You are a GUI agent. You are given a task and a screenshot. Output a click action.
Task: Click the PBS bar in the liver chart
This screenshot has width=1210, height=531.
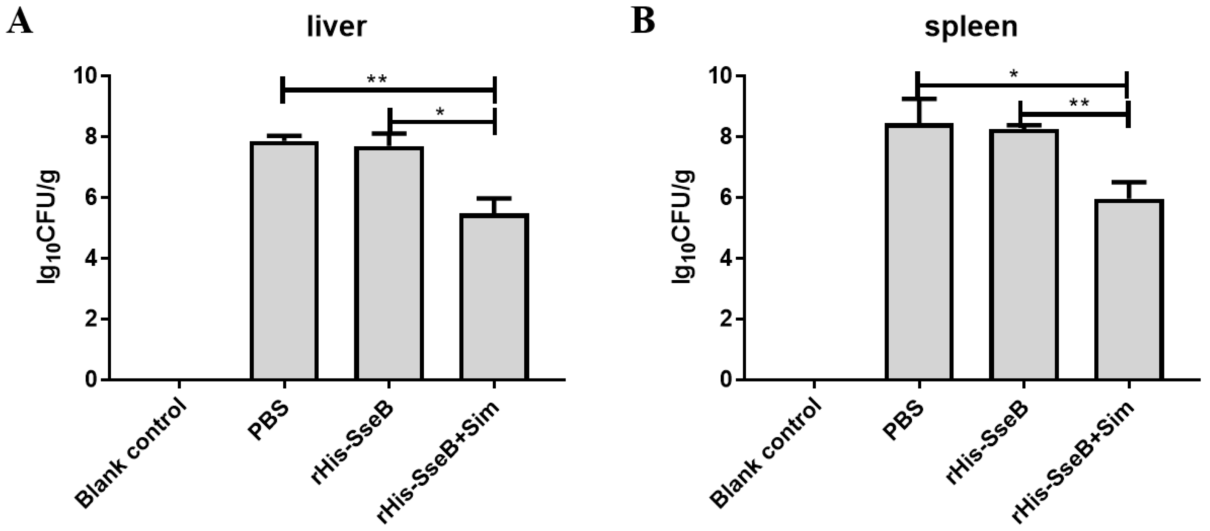(284, 261)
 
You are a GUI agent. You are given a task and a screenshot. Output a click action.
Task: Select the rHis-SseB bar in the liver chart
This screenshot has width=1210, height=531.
(389, 263)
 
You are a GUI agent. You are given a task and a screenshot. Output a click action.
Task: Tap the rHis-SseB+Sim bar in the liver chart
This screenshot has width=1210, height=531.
(494, 296)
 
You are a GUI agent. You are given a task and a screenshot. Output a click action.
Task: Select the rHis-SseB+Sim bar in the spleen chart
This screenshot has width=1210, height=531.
(1129, 289)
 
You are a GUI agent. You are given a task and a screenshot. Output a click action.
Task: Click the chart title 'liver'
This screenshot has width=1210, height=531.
(336, 27)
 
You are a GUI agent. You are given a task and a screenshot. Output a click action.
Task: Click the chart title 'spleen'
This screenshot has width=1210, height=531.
(971, 27)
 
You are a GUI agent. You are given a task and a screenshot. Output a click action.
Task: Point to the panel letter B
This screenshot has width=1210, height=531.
(643, 21)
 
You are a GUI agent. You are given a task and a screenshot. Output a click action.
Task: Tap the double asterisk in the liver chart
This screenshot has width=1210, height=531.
(377, 79)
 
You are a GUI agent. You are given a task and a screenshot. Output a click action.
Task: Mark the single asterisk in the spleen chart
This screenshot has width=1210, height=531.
(1014, 74)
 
